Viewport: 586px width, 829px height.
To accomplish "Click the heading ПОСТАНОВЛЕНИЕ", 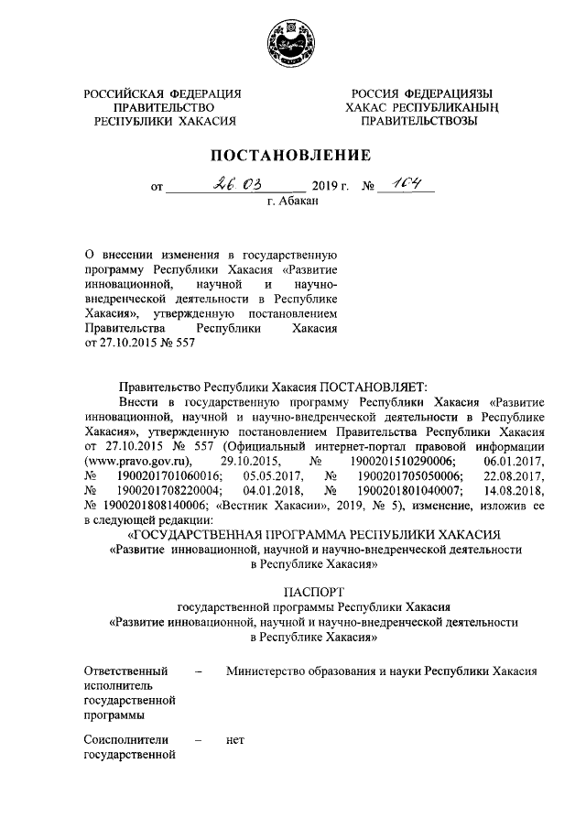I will click(292, 155).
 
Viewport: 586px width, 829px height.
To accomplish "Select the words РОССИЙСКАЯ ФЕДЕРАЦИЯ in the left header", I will click(162, 94).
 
